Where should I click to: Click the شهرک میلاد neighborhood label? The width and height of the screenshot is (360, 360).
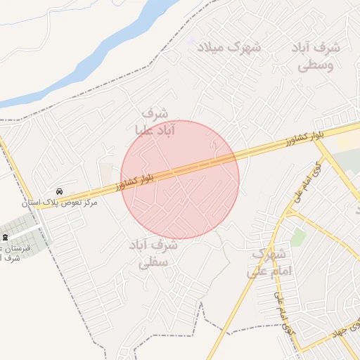pos(229,48)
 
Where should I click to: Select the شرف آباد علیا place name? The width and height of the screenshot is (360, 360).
pos(155,121)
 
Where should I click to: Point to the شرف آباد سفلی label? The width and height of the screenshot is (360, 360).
pos(153,255)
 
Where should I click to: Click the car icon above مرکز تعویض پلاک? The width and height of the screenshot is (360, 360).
pos(59,191)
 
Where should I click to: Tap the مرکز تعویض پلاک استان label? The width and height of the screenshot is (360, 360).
pos(60,202)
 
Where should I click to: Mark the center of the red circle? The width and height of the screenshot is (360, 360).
pos(180,180)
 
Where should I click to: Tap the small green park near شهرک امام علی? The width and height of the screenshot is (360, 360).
pos(297,237)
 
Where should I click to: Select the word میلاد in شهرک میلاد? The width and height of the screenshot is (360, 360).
pos(210,48)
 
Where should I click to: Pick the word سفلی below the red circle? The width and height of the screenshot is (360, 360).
pos(153,264)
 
